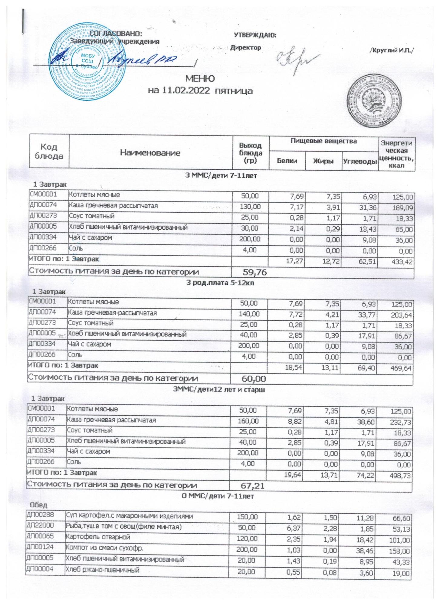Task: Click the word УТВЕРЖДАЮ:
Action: click(x=255, y=35)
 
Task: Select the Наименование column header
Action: click(x=150, y=153)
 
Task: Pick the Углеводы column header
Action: click(x=360, y=161)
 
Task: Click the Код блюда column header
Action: click(x=49, y=151)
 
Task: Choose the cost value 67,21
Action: click(x=253, y=486)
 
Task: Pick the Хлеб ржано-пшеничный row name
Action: click(x=103, y=570)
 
